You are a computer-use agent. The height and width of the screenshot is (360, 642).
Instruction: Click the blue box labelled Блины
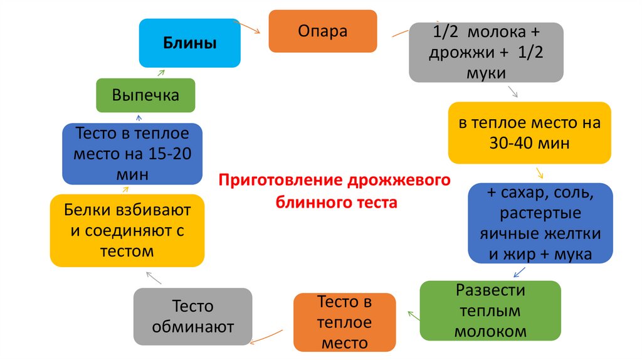click(x=189, y=43)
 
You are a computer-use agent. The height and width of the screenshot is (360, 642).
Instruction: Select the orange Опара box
click(x=323, y=31)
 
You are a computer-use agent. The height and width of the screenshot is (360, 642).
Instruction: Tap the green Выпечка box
click(x=145, y=95)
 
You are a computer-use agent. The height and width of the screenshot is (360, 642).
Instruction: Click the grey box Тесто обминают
click(x=193, y=317)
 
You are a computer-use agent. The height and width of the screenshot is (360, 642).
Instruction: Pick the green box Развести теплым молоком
click(x=490, y=311)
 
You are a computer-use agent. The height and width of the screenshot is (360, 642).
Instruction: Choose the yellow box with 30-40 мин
click(x=529, y=133)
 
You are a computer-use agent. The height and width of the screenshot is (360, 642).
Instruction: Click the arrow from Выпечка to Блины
click(x=161, y=73)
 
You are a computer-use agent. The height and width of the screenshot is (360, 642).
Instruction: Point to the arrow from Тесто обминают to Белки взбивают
click(x=152, y=275)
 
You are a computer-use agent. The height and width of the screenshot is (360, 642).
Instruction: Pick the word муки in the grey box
click(x=487, y=72)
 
